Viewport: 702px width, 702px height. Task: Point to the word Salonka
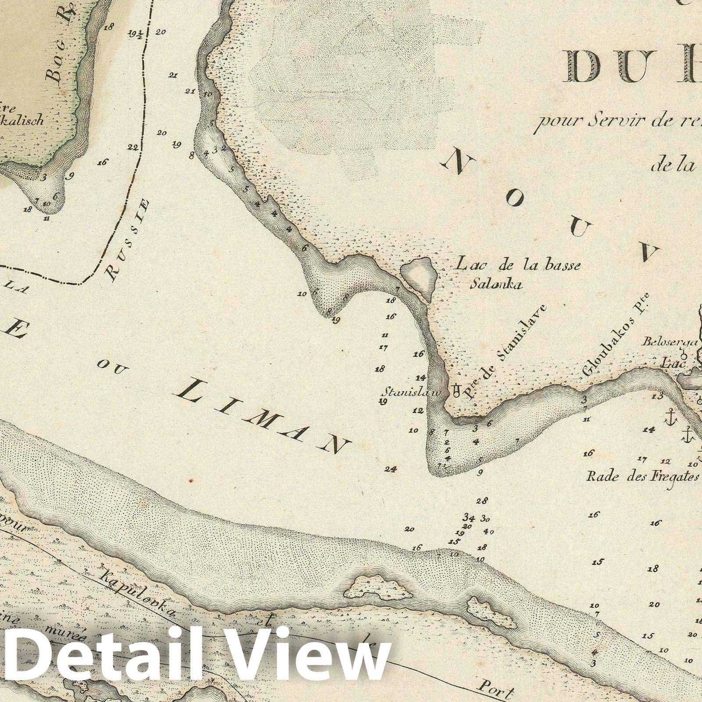(x=494, y=284)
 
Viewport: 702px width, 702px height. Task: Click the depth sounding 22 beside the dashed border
(x=133, y=147)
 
